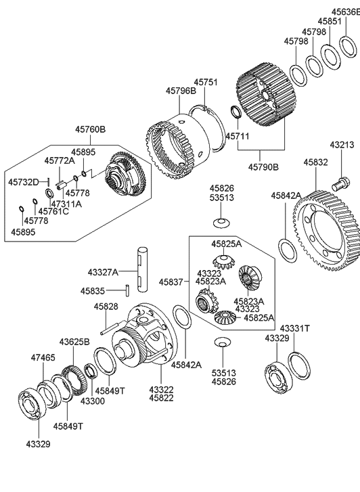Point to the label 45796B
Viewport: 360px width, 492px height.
(x=181, y=91)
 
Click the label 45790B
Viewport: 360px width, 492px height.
(x=265, y=166)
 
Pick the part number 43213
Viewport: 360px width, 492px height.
(x=342, y=146)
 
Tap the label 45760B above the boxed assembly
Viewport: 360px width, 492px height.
(x=90, y=129)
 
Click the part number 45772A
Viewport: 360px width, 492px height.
(x=60, y=161)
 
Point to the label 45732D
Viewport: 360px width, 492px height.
(x=24, y=182)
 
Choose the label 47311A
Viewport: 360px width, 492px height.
(x=66, y=204)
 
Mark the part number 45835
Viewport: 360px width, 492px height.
(x=93, y=290)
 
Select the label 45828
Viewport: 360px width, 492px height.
(x=106, y=307)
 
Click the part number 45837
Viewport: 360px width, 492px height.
(x=171, y=282)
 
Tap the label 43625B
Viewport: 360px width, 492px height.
(x=74, y=342)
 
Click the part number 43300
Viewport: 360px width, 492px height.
(x=93, y=401)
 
